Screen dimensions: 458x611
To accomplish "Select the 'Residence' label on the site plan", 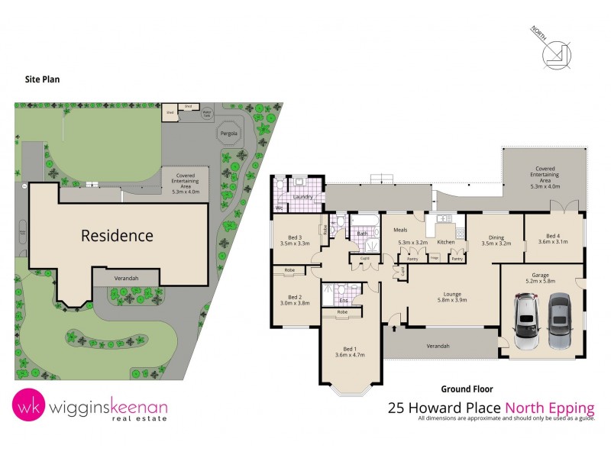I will [x=117, y=235].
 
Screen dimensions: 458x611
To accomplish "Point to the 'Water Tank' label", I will [x=206, y=113].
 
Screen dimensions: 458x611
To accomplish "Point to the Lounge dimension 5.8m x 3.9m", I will [x=452, y=300].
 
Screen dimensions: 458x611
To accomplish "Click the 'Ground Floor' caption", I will [x=461, y=389].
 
